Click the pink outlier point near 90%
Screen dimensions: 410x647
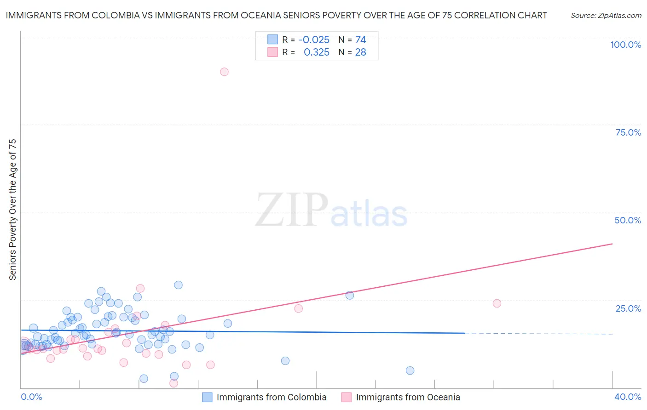point(224,72)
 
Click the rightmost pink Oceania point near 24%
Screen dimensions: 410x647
point(497,303)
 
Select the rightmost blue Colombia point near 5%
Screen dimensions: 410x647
point(410,370)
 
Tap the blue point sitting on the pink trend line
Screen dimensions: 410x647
point(350,296)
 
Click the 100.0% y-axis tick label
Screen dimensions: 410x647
point(625,45)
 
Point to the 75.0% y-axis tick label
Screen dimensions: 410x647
point(628,132)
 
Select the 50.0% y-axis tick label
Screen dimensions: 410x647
point(628,220)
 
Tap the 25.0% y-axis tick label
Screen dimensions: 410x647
point(628,308)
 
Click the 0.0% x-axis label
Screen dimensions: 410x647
point(31,397)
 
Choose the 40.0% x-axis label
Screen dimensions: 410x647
point(628,397)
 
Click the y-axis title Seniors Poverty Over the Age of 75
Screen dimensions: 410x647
point(12,210)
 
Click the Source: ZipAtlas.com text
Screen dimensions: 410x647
point(606,15)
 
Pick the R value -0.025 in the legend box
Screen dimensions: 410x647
point(314,40)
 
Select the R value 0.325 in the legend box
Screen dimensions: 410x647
point(317,52)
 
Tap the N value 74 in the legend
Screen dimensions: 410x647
point(360,40)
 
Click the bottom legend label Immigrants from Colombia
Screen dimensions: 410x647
point(272,397)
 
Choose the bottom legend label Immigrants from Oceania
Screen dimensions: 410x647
point(408,397)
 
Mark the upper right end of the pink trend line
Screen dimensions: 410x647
point(612,244)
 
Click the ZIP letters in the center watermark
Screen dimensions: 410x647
point(291,210)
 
